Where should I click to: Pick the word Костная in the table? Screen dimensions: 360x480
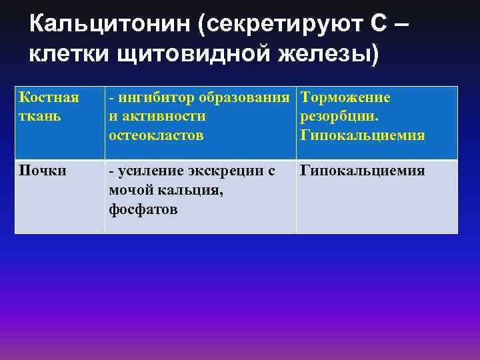(x=49, y=98)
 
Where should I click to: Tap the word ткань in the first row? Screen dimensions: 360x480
(x=39, y=116)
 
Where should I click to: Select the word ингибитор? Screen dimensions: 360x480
(x=154, y=98)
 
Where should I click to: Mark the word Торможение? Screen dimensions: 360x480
(x=345, y=98)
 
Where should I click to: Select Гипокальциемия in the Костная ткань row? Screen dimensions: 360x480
(x=363, y=135)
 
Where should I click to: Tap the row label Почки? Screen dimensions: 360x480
(x=43, y=171)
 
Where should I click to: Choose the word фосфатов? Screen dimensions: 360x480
(x=143, y=209)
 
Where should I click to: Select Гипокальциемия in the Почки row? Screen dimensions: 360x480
(x=363, y=171)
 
